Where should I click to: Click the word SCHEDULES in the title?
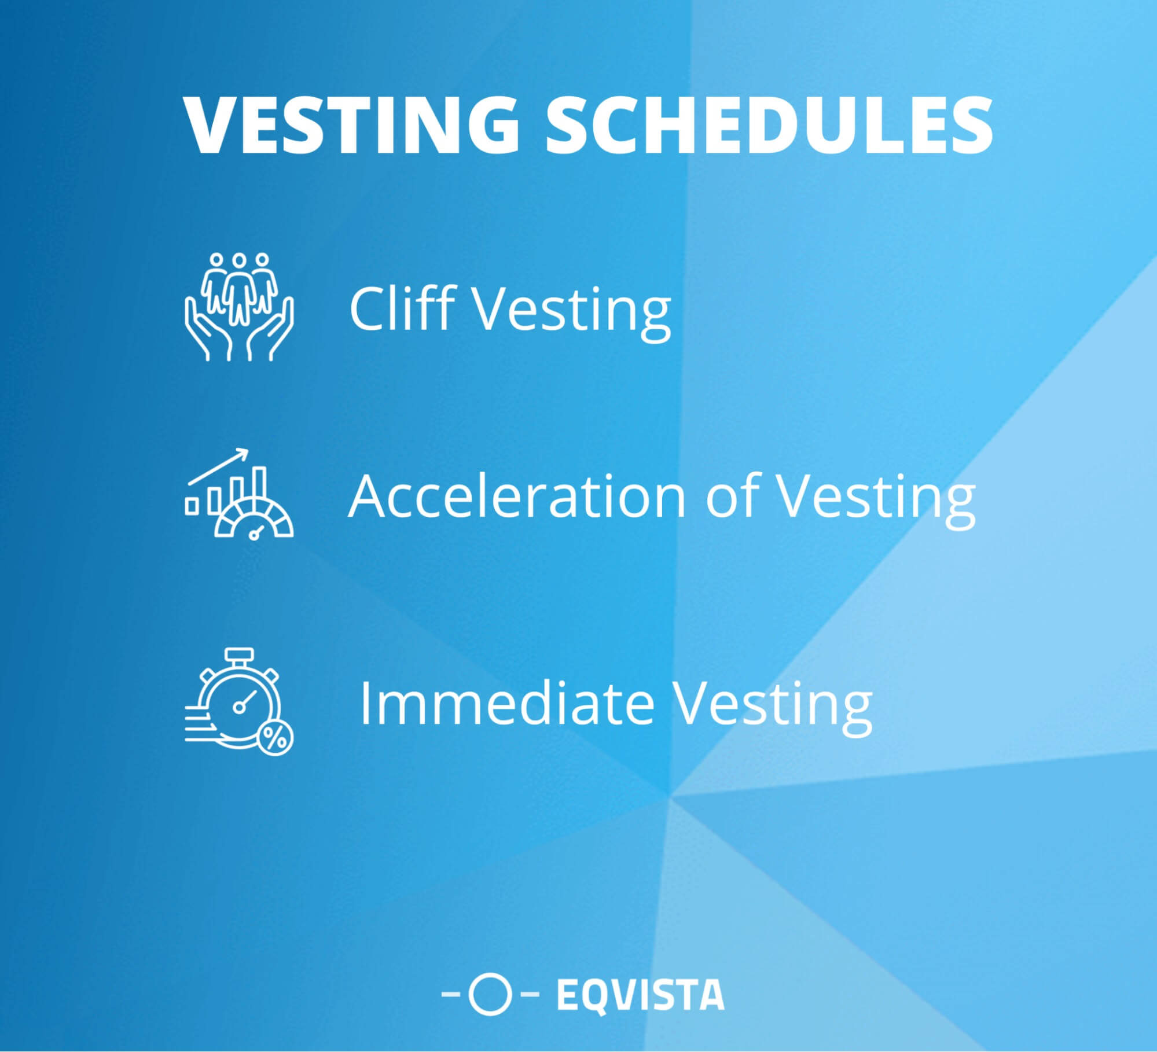pos(769,126)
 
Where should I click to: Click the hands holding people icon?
pos(239,307)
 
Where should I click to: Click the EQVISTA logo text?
pos(640,994)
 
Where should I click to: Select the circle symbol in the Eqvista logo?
pos(490,994)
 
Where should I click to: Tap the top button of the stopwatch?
pos(240,655)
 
